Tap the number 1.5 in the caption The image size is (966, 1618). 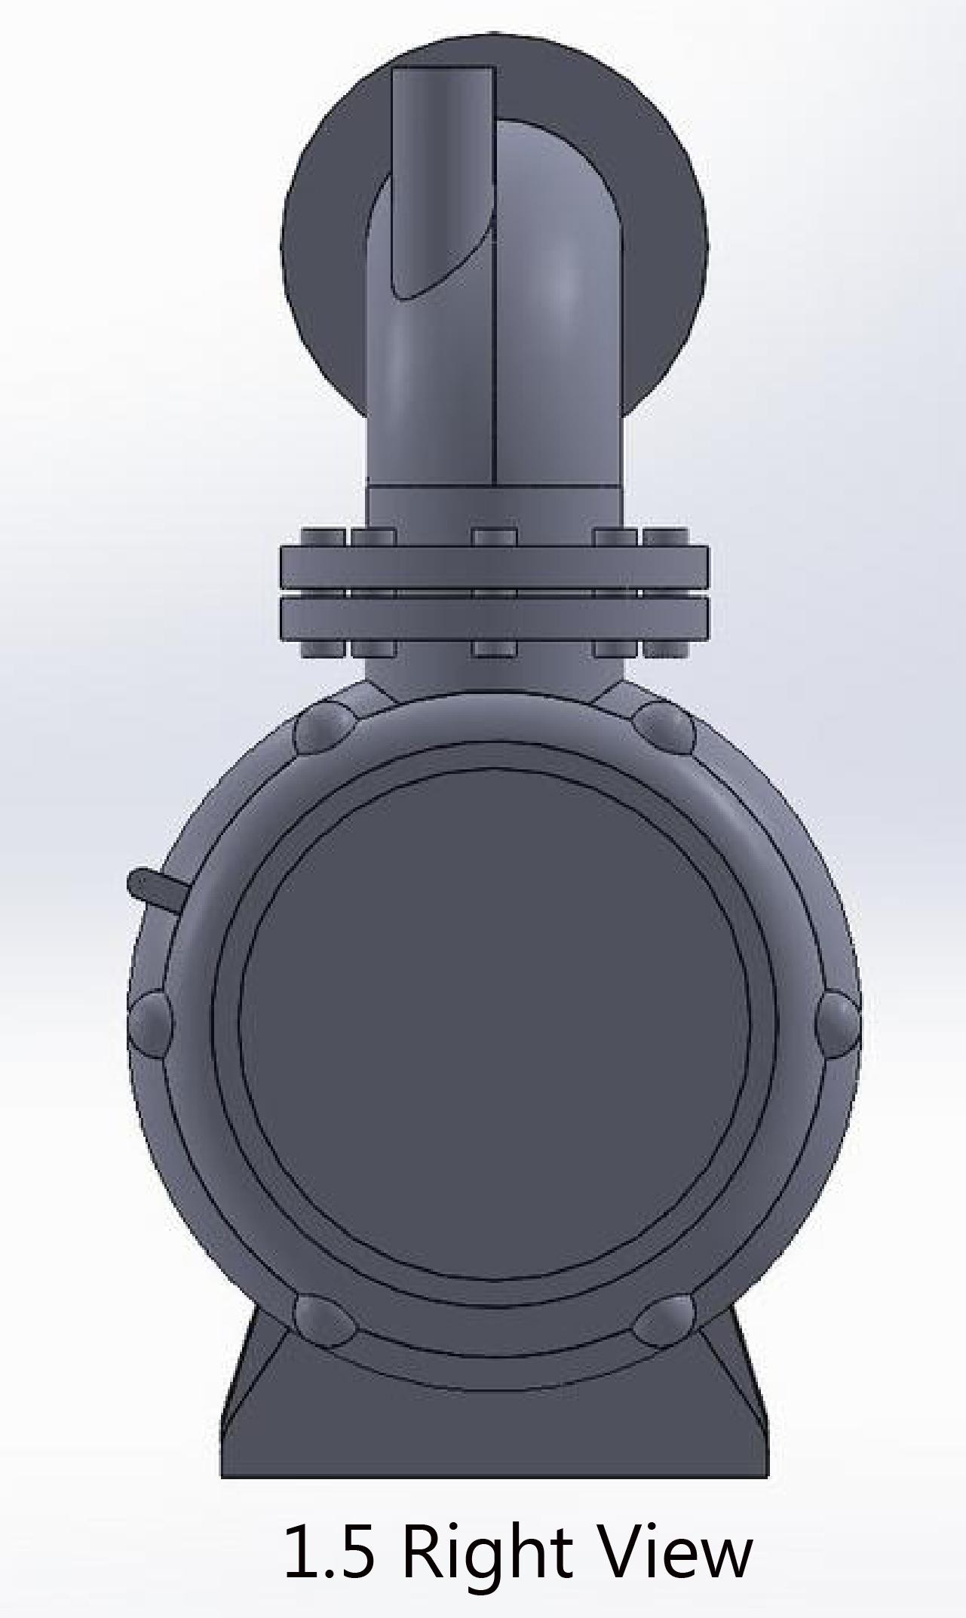(x=330, y=1551)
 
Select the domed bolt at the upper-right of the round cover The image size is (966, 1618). (x=664, y=727)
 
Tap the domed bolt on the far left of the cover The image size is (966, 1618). (x=151, y=1024)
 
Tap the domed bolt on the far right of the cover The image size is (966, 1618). (x=838, y=1024)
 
